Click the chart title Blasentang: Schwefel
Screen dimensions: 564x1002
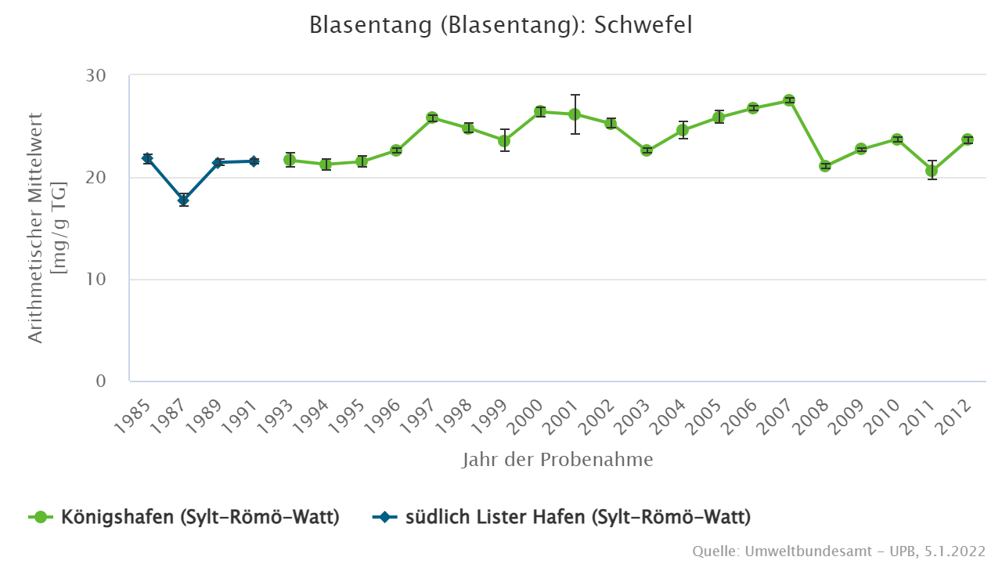click(x=501, y=25)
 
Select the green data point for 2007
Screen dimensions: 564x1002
click(x=789, y=100)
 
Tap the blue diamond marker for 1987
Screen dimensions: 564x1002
click(x=183, y=201)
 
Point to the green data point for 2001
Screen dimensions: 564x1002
click(x=575, y=114)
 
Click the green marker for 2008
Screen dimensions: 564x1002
click(x=825, y=166)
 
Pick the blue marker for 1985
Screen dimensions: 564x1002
click(x=147, y=158)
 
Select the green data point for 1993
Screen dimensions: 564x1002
click(x=290, y=160)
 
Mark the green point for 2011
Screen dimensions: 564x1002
click(x=932, y=171)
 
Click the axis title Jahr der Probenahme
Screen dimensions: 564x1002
click(x=557, y=460)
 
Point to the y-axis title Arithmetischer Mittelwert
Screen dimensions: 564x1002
click(x=36, y=227)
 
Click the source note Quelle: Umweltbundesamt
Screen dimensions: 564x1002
click(x=838, y=551)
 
